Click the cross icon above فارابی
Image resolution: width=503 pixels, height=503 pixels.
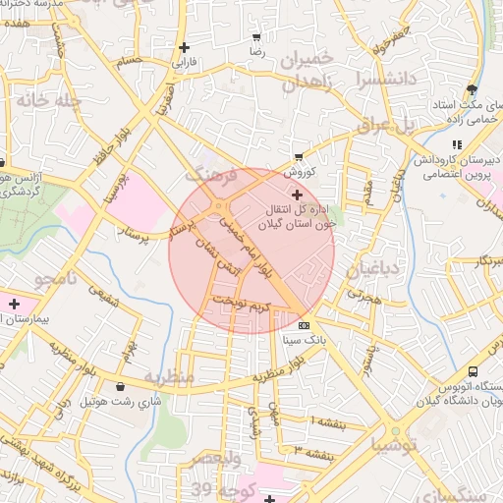click(184, 47)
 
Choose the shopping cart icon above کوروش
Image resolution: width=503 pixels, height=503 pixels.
click(299, 156)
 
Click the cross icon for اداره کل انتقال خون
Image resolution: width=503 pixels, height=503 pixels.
click(298, 196)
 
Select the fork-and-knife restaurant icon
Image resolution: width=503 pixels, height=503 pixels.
click(456, 144)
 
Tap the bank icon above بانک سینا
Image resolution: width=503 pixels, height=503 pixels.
click(303, 325)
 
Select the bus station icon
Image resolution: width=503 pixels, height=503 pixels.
click(473, 372)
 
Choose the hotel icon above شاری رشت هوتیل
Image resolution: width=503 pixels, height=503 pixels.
click(121, 386)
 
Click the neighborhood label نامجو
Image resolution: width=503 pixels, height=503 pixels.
click(55, 280)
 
